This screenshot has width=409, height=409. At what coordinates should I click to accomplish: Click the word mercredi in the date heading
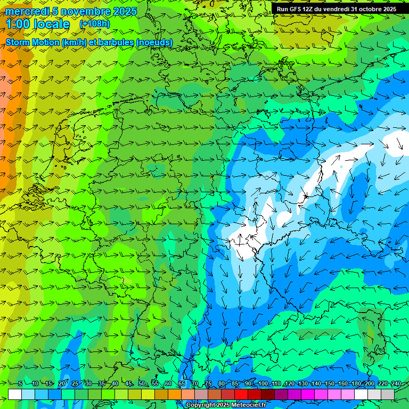point(25,11)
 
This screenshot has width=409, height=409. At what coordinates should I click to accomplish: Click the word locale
point(51,24)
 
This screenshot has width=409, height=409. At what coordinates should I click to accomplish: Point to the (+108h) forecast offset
point(94,24)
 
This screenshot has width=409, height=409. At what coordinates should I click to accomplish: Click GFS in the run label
point(297,9)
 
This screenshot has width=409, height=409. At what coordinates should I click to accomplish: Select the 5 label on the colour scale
point(20,384)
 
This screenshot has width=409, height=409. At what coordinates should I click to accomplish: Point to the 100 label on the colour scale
point(263,384)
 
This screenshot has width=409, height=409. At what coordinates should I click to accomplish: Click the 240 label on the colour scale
point(396,384)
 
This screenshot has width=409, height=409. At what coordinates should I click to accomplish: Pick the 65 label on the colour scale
point(182,384)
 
